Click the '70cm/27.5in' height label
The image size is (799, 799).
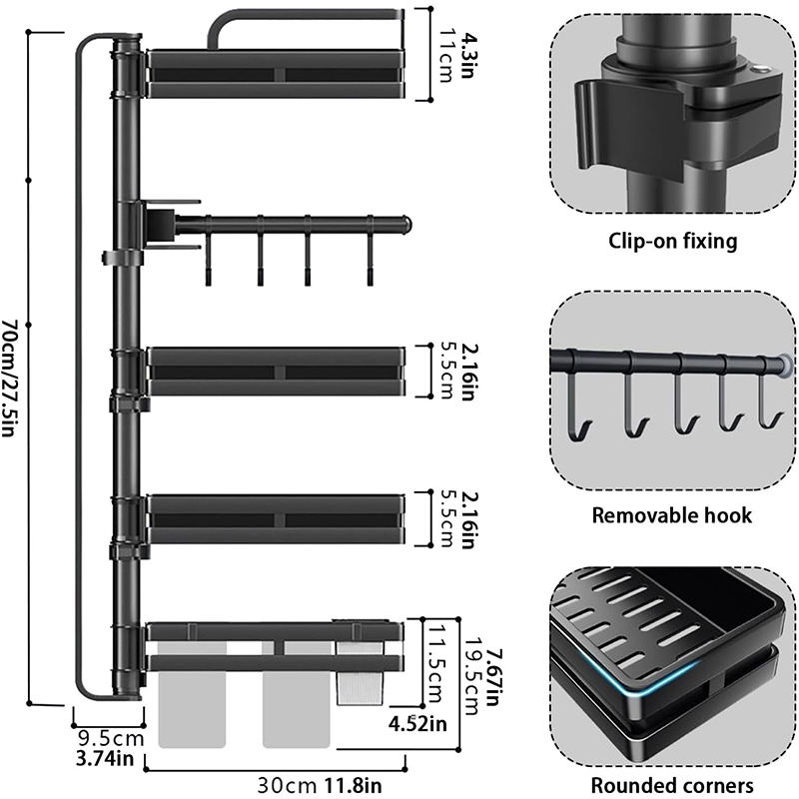click(x=10, y=379)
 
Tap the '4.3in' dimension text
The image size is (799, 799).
click(x=467, y=55)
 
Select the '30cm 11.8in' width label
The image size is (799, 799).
click(x=319, y=785)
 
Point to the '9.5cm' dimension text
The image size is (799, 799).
click(x=111, y=738)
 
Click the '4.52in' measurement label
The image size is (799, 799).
click(x=417, y=723)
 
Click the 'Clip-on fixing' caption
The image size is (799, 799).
click(x=672, y=241)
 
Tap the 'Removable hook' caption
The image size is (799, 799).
click(x=671, y=515)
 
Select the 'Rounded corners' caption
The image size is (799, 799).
click(x=672, y=785)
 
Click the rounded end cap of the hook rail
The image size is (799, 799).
click(x=406, y=224)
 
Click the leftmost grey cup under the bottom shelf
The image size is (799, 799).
click(x=192, y=695)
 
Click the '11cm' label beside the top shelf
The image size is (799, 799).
click(x=446, y=55)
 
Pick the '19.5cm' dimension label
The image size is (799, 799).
click(x=471, y=676)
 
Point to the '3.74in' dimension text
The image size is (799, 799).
click(x=105, y=759)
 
